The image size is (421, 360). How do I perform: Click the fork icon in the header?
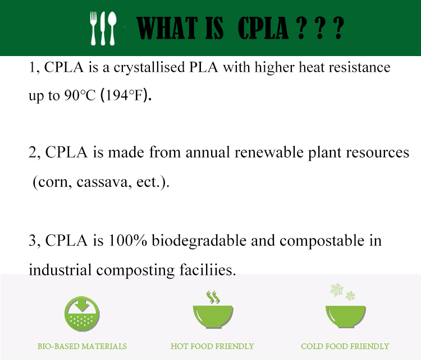(x=93, y=28)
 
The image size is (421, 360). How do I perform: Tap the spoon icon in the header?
(x=112, y=28)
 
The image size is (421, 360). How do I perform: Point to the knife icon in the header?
(x=103, y=28)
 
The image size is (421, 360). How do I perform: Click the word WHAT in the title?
(x=167, y=28)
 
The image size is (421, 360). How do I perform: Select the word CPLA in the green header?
(x=263, y=28)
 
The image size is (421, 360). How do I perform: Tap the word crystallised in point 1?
(x=149, y=68)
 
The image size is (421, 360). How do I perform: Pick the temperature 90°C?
(x=80, y=95)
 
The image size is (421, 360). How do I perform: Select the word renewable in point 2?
(x=269, y=153)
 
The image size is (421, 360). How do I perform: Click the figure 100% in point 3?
(x=128, y=240)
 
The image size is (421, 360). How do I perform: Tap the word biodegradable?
(x=199, y=241)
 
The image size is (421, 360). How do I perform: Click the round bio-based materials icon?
(x=82, y=313)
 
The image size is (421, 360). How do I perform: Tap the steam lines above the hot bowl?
(x=213, y=297)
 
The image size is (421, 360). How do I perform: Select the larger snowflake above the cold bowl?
(x=337, y=290)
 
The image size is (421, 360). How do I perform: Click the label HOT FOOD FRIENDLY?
(x=212, y=347)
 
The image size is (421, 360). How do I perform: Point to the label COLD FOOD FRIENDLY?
(x=345, y=347)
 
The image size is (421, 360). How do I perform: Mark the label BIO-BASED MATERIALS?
(x=82, y=347)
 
